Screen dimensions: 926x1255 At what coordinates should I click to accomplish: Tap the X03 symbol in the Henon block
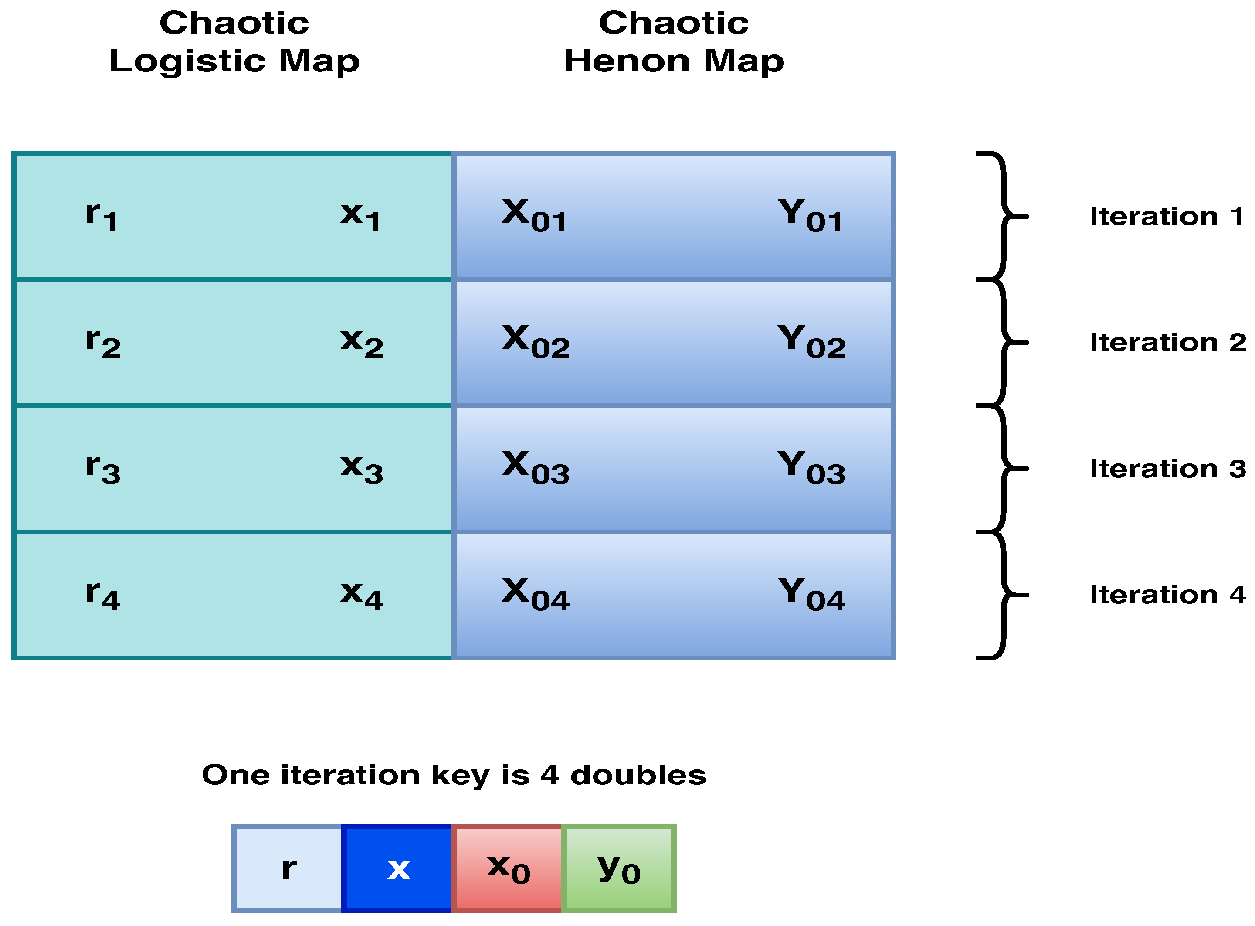(x=536, y=468)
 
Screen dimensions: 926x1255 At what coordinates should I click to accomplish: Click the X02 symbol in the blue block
(x=536, y=342)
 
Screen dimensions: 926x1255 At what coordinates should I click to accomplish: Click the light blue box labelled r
(x=288, y=868)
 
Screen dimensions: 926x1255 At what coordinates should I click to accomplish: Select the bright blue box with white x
(x=397, y=868)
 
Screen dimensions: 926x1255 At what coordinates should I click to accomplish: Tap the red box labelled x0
(x=507, y=868)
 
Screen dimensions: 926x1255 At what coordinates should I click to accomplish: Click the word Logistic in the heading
(x=187, y=61)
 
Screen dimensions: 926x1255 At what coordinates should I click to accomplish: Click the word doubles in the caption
(x=638, y=775)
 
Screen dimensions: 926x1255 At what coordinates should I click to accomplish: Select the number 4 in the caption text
(x=549, y=775)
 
